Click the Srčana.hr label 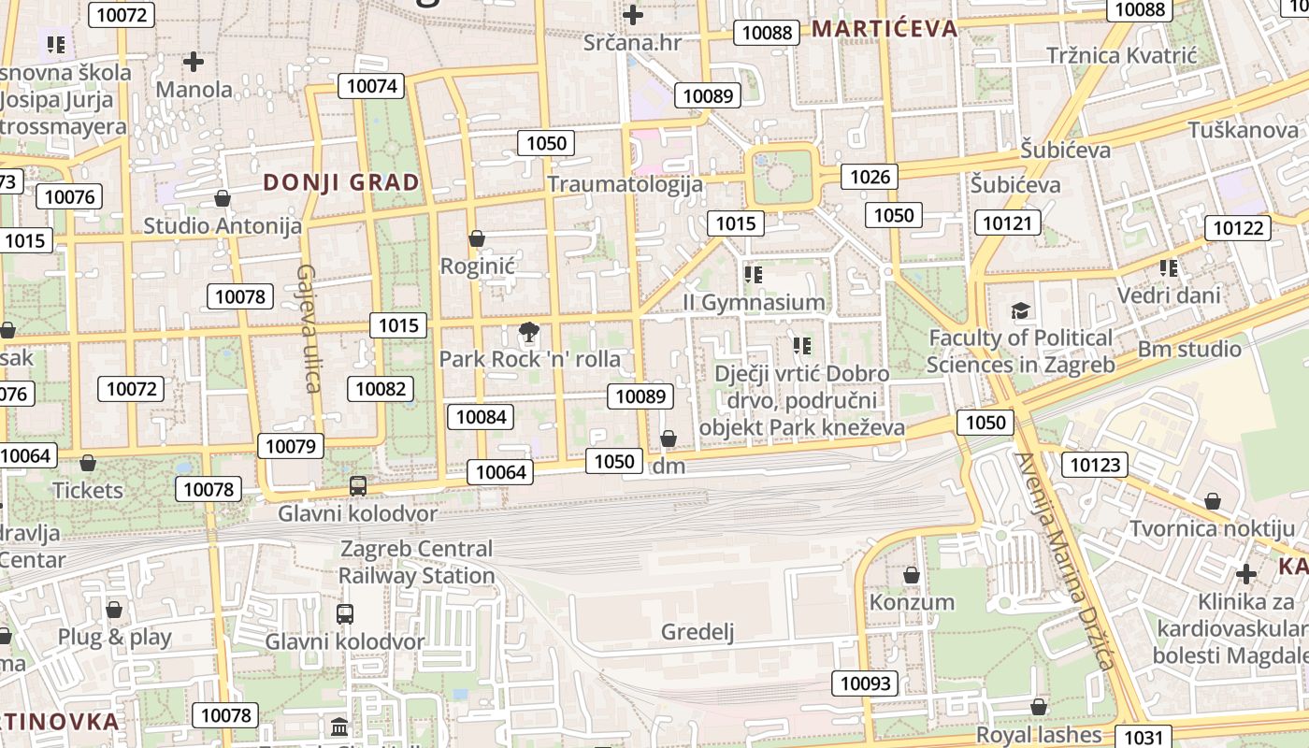pyautogui.click(x=632, y=42)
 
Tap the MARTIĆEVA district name pyautogui.click(x=884, y=28)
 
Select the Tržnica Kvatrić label pyautogui.click(x=1121, y=55)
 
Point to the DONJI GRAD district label pyautogui.click(x=341, y=182)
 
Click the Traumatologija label pyautogui.click(x=625, y=183)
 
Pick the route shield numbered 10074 pyautogui.click(x=372, y=86)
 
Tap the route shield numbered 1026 pyautogui.click(x=869, y=176)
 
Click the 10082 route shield pyautogui.click(x=381, y=388)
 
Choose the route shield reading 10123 pyautogui.click(x=1094, y=465)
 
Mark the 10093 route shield pyautogui.click(x=865, y=683)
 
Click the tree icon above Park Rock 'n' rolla pyautogui.click(x=528, y=331)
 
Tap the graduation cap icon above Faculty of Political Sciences pyautogui.click(x=1020, y=310)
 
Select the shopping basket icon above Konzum pyautogui.click(x=912, y=574)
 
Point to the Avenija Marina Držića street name pyautogui.click(x=1066, y=561)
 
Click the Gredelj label pyautogui.click(x=698, y=632)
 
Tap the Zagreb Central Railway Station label pyautogui.click(x=416, y=562)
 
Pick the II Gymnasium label pyautogui.click(x=754, y=302)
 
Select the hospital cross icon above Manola pyautogui.click(x=194, y=62)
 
